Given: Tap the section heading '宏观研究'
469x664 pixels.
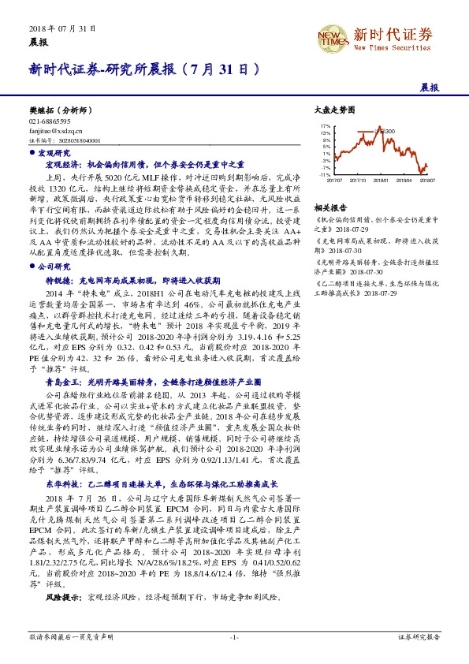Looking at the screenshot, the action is click(54, 152).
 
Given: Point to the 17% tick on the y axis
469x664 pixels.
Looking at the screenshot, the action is click(324, 125).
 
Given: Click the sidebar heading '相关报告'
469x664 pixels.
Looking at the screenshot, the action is click(326, 206).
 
